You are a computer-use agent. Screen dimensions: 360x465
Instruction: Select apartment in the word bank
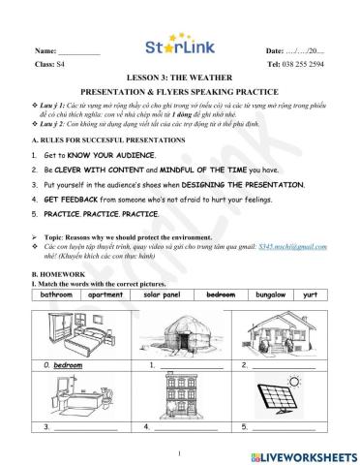coord(107,293)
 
